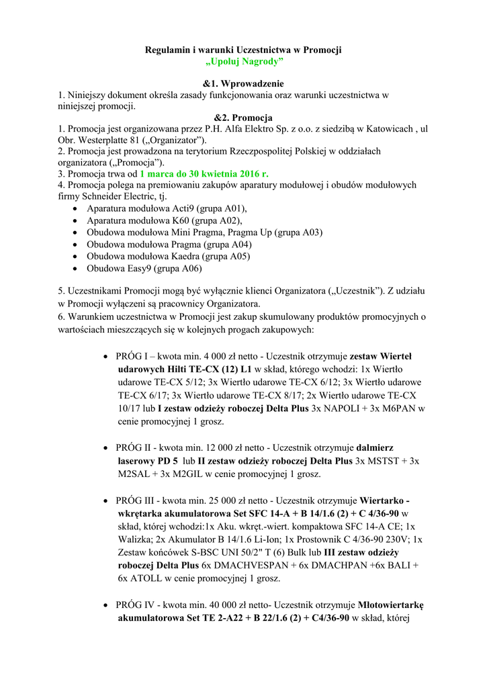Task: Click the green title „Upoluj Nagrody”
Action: (x=244, y=62)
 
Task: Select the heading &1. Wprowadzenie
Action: (x=243, y=84)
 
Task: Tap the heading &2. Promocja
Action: (x=243, y=118)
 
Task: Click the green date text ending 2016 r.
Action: (x=200, y=173)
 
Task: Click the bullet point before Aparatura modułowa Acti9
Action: (x=73, y=209)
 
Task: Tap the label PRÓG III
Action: (x=136, y=501)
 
